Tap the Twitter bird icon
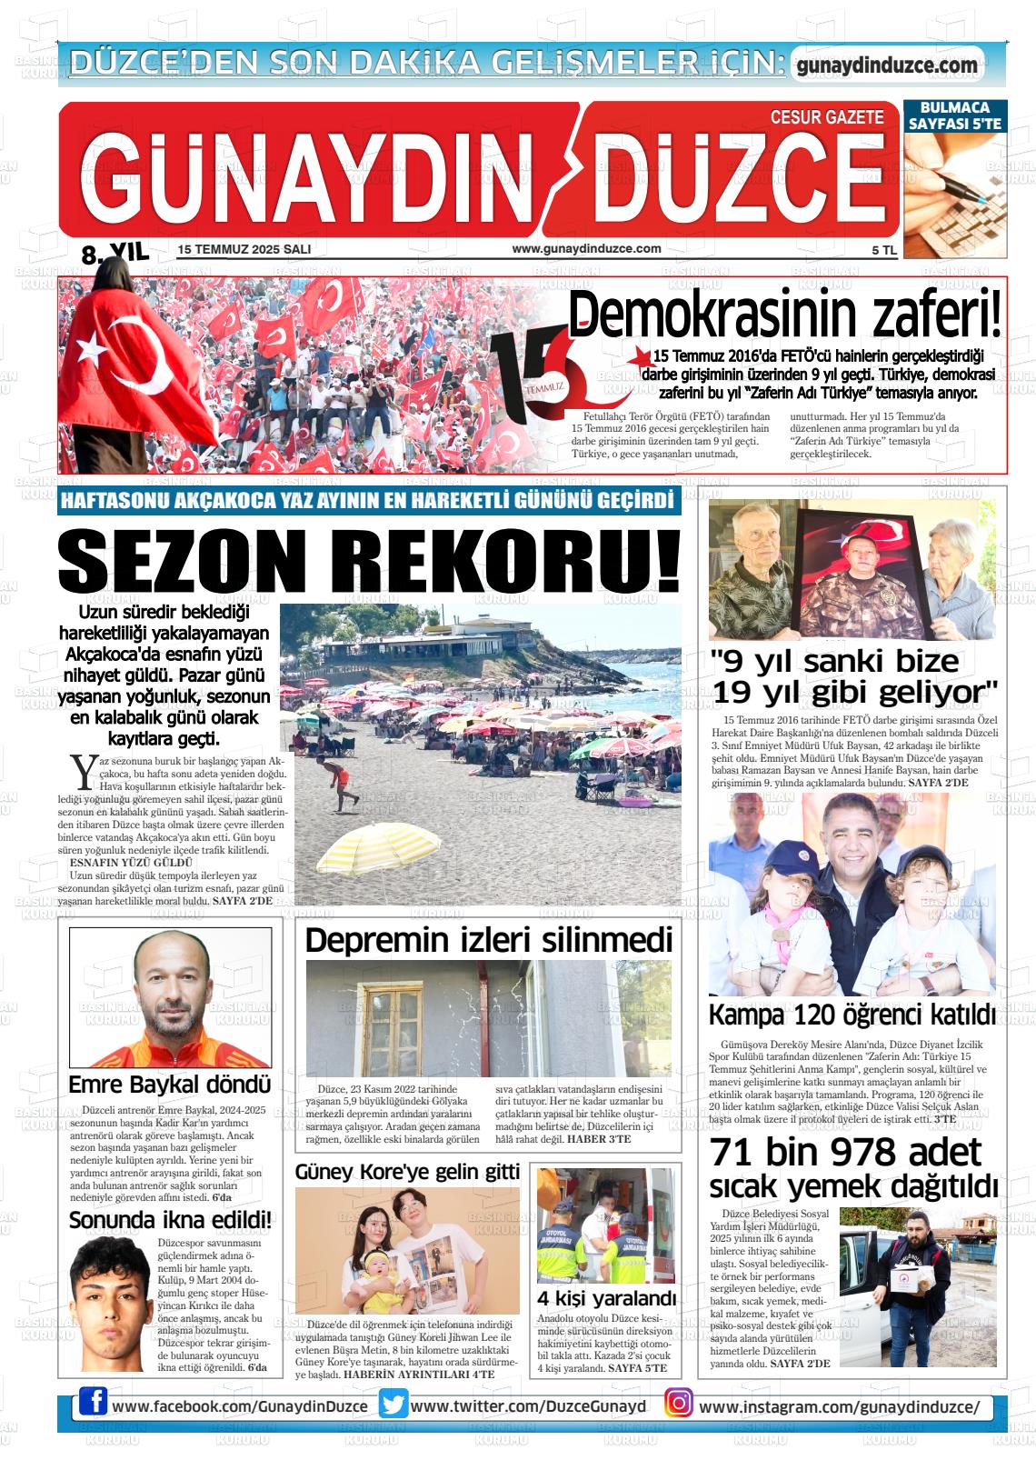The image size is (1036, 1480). pyautogui.click(x=393, y=1404)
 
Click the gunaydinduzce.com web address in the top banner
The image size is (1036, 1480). pyautogui.click(x=886, y=65)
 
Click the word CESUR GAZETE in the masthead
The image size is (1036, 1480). pyautogui.click(x=826, y=117)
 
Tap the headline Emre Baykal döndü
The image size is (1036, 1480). pyautogui.click(x=170, y=1085)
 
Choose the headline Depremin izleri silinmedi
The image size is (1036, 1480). pyautogui.click(x=489, y=940)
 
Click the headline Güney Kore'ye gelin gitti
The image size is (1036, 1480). pyautogui.click(x=407, y=1173)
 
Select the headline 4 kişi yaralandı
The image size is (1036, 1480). pyautogui.click(x=607, y=1297)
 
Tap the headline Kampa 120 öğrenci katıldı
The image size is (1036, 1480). pyautogui.click(x=852, y=1015)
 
